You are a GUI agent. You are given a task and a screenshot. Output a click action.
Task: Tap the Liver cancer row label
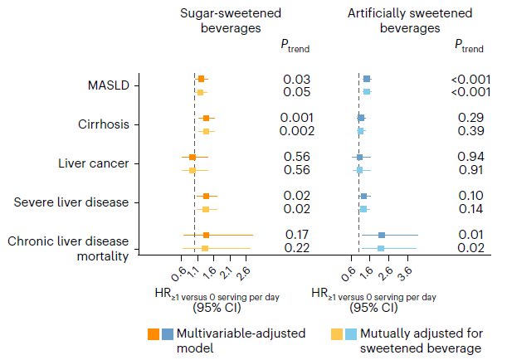[94, 163]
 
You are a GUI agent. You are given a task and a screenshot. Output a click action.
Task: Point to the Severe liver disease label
[73, 202]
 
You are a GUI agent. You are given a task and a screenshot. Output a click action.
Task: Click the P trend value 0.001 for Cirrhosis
[296, 118]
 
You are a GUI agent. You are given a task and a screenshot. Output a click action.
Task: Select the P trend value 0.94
[470, 157]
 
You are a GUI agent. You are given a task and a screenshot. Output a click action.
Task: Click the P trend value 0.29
[470, 118]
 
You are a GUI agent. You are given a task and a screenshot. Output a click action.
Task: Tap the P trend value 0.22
[296, 248]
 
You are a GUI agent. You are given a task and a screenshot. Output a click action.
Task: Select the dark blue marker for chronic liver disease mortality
[382, 236]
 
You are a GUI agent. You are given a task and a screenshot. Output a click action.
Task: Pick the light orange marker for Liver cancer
[192, 170]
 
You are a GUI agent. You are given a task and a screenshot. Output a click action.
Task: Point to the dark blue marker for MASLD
[367, 79]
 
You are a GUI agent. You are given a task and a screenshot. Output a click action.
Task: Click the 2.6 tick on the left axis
[243, 270]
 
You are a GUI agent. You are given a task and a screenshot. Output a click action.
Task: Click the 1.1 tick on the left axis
[194, 270]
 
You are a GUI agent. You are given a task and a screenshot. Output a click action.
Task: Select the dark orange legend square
[154, 333]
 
